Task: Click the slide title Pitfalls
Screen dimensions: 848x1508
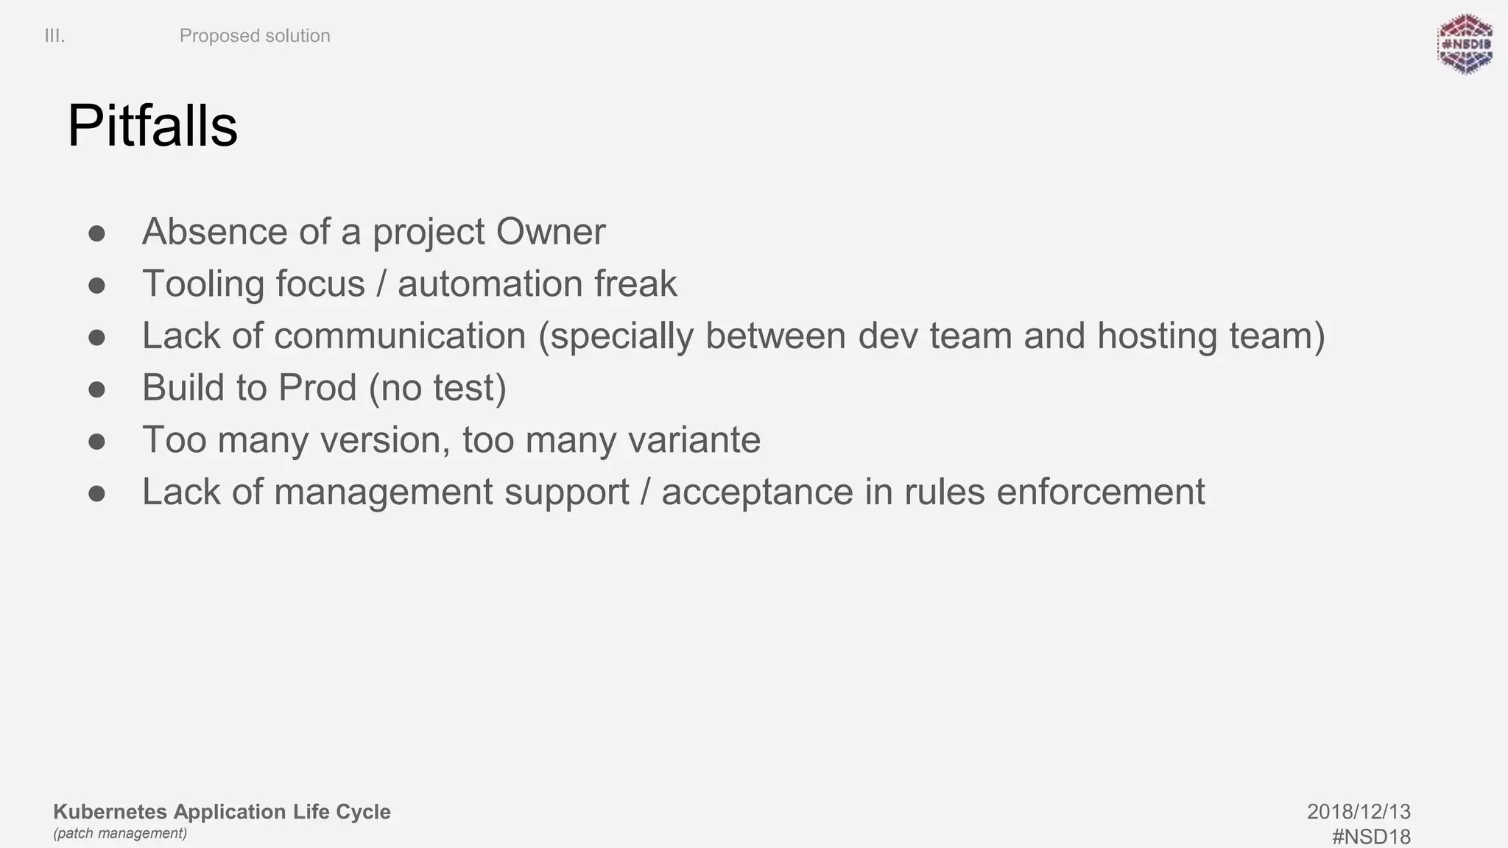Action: (152, 127)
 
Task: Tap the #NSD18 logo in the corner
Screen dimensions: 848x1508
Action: (1465, 44)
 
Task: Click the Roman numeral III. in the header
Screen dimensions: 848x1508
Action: (54, 36)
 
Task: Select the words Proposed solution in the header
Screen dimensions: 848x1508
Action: (255, 36)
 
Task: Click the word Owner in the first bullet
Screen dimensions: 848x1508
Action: (550, 232)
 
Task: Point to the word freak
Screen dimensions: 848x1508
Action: (635, 284)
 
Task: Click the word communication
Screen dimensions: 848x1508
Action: (400, 336)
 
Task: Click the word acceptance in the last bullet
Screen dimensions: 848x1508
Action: (757, 492)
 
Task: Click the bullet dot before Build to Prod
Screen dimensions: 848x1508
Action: (96, 389)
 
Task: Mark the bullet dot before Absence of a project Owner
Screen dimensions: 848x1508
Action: (96, 233)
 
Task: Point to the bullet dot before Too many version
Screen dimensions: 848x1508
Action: (96, 441)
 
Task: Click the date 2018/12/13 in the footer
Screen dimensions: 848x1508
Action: (1359, 812)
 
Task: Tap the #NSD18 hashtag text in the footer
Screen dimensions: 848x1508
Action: (1371, 837)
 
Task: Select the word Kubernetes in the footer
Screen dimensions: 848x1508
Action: (110, 812)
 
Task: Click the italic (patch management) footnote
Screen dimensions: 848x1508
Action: (120, 833)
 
